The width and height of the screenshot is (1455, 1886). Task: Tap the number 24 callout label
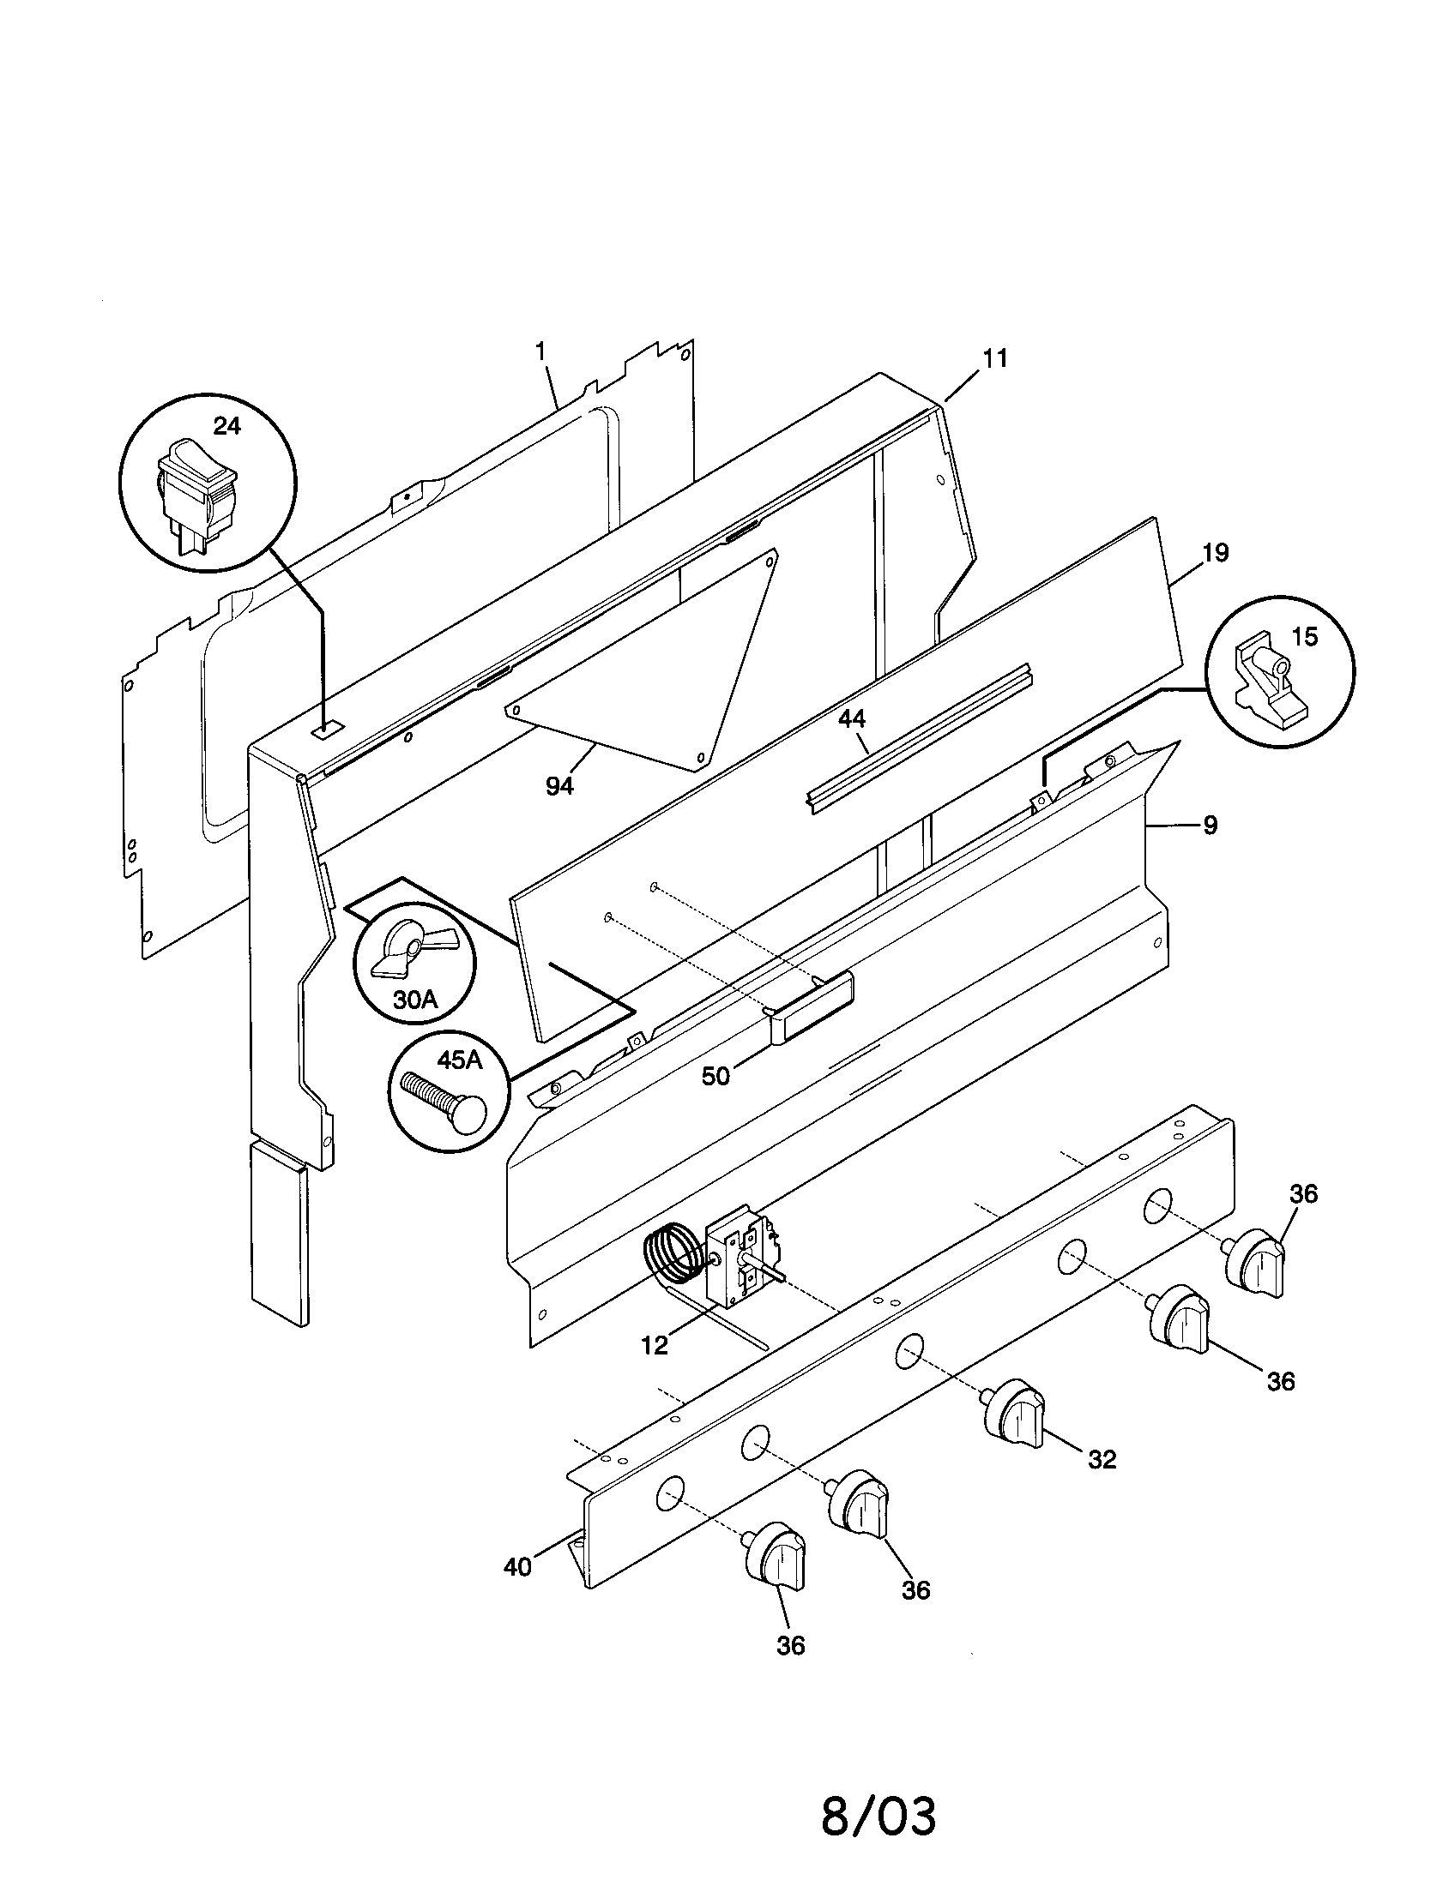[227, 426]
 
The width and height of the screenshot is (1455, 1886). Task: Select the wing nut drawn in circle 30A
[406, 951]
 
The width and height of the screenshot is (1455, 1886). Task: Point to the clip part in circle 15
[1268, 682]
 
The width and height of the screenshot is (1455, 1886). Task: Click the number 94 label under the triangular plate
[559, 787]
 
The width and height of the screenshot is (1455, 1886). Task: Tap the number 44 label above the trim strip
[852, 719]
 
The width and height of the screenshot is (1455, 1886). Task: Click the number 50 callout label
[715, 1076]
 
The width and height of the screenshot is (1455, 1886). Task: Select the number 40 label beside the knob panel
[517, 1567]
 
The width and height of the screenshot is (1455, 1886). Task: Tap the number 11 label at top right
[996, 358]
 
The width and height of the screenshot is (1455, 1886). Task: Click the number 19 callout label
[1215, 553]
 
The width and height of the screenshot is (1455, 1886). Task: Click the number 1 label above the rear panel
[540, 351]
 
